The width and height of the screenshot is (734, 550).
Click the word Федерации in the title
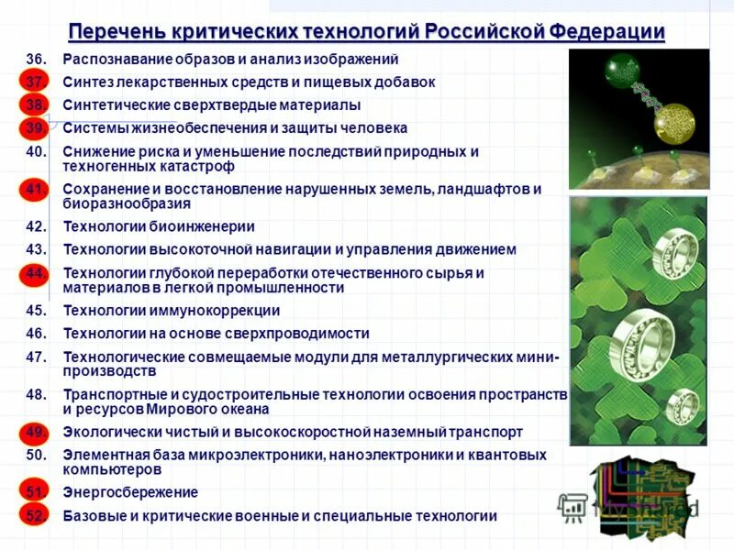coord(607,31)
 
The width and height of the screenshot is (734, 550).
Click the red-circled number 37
coord(35,82)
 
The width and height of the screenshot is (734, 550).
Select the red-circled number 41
coord(35,190)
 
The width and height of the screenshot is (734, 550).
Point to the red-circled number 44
coord(35,274)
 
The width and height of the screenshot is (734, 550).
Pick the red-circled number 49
coord(35,432)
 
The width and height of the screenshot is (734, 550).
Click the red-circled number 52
coord(35,516)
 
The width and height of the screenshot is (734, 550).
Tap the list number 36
coord(35,60)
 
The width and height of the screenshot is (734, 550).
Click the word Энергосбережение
coord(130,492)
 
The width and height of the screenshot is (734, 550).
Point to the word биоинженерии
coord(203,226)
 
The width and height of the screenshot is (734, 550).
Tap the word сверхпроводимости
coord(295,334)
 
